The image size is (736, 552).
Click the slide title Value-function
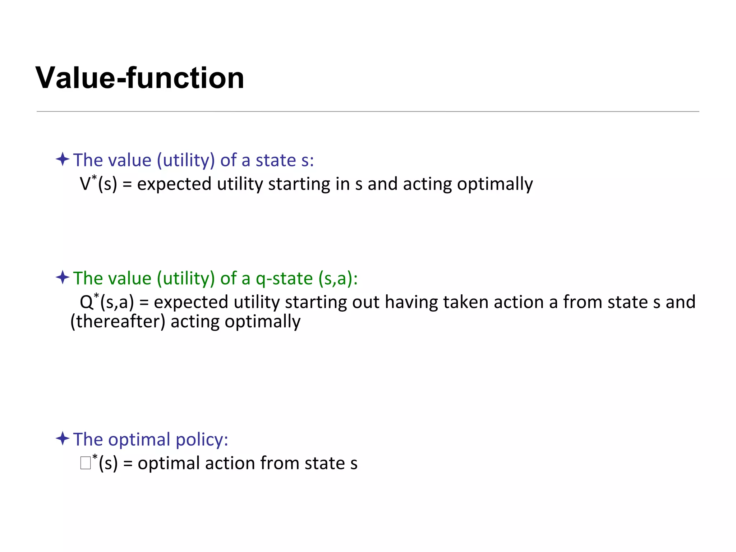140,78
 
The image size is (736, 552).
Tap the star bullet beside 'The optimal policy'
63,438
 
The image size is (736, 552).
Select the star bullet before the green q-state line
63,277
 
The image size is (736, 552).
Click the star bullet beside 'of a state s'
63,159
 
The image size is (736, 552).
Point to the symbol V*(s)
98,183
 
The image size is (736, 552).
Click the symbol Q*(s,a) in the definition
107,302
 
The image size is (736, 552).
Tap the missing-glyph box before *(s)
86,463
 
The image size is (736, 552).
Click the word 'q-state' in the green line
284,278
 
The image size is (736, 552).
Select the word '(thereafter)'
118,321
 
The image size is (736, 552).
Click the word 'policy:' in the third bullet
202,439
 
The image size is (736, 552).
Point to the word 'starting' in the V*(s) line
299,184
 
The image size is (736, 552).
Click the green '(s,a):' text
338,278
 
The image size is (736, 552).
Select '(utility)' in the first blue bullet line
186,160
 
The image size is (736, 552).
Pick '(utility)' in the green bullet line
186,278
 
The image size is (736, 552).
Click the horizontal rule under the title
368,111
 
